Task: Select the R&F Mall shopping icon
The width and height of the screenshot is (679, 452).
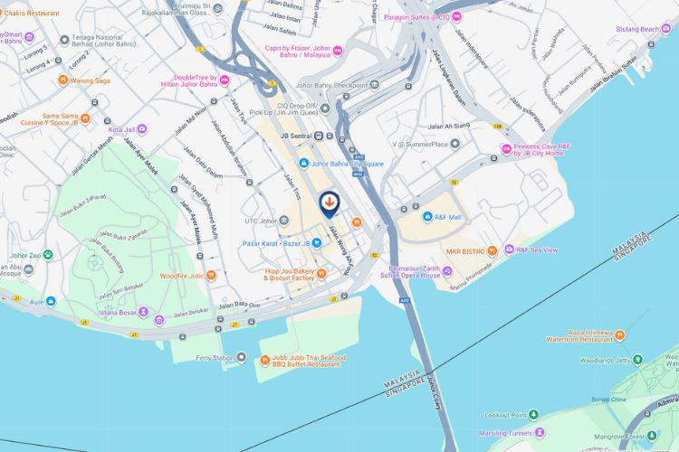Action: [x=427, y=217]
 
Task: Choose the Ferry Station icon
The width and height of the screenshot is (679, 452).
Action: [x=241, y=358]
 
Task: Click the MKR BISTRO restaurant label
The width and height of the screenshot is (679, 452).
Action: [x=471, y=250]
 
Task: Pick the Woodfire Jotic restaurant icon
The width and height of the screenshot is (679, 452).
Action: [x=211, y=275]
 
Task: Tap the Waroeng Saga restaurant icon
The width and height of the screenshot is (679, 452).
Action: [x=62, y=80]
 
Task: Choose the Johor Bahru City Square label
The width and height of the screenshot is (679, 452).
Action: [x=348, y=164]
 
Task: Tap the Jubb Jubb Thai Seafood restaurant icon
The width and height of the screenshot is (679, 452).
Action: [x=264, y=358]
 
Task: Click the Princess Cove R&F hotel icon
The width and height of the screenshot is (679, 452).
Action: [x=506, y=149]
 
